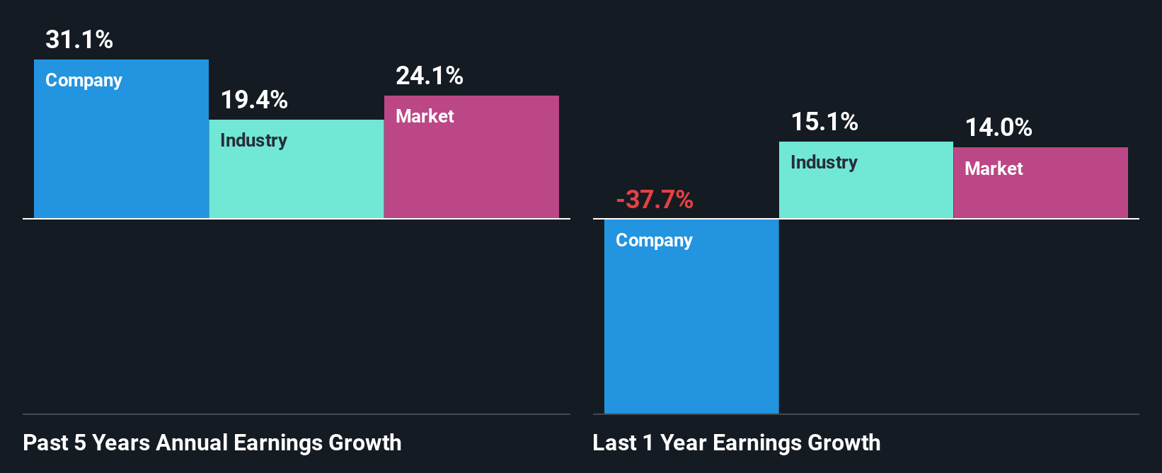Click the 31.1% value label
click(79, 40)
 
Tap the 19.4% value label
click(254, 100)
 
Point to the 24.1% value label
click(429, 76)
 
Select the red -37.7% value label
click(655, 200)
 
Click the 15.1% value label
click(824, 122)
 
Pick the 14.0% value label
click(999, 127)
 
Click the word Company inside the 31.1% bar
click(84, 81)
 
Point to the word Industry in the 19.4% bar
click(253, 140)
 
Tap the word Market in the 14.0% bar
click(994, 169)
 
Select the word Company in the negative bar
click(654, 241)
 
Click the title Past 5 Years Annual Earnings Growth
click(212, 443)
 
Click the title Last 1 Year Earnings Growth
click(737, 443)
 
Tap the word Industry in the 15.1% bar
click(824, 162)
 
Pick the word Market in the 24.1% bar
click(425, 116)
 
